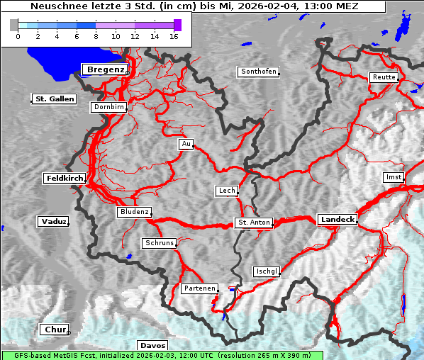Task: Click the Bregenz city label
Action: click(105, 69)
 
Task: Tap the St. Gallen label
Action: click(54, 99)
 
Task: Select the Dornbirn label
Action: click(108, 107)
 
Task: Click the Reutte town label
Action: click(383, 77)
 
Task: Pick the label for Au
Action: click(186, 144)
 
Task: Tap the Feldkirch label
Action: click(65, 178)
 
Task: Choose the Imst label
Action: click(392, 176)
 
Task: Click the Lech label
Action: click(226, 191)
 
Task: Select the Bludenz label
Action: click(134, 212)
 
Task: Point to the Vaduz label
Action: click(53, 222)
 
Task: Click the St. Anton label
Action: click(253, 223)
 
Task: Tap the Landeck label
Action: click(337, 220)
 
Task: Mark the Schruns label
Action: click(159, 243)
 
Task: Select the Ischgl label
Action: click(267, 271)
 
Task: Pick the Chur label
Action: click(53, 330)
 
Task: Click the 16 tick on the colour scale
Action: click(174, 35)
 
